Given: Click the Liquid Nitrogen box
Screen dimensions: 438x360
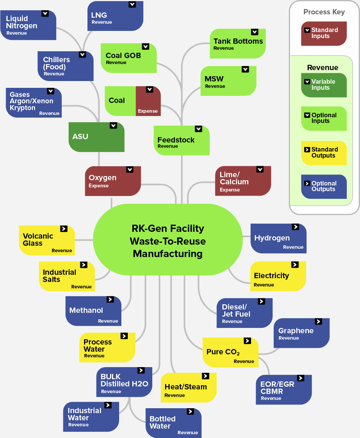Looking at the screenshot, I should [28, 25].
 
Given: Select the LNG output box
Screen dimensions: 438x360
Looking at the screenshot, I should [115, 17].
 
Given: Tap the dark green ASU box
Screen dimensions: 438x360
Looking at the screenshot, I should [97, 137].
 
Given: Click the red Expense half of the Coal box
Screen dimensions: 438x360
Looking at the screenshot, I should [148, 101].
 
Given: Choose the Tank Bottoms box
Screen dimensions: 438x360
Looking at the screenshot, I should [237, 44].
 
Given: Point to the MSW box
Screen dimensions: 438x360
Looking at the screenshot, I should [228, 81].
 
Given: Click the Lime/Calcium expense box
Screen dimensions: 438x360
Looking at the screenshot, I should [243, 181].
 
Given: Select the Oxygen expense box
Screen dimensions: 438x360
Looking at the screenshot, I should [113, 181].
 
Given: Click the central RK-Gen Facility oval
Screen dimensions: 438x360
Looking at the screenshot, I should [168, 241].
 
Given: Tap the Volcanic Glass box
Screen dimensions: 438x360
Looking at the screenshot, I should [47, 240].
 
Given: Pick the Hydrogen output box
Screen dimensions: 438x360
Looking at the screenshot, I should [278, 238].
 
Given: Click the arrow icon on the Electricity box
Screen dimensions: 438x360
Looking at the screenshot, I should [295, 265].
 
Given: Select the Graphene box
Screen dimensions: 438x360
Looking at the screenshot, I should [302, 333].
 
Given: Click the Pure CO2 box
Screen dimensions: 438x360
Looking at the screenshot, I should [230, 352].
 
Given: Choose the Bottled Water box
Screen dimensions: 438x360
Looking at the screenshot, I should [173, 423].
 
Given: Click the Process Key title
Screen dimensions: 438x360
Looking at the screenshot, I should [324, 12].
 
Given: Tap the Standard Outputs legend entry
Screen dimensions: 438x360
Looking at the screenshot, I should [324, 153].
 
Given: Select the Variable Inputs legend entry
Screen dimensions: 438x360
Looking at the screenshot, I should [324, 85].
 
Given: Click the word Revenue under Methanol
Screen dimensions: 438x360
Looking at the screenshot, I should [108, 321].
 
